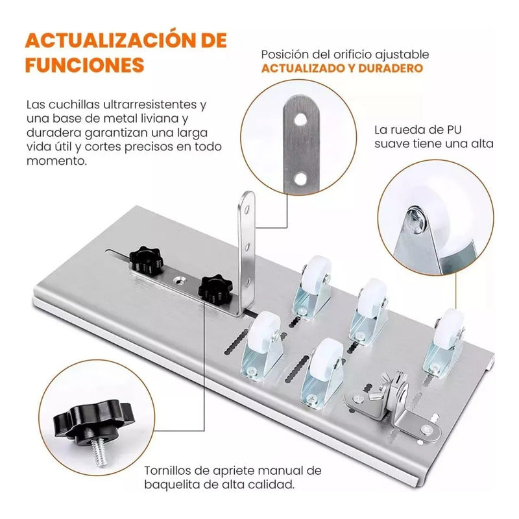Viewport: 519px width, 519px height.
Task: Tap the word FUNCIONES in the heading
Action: pos(84,66)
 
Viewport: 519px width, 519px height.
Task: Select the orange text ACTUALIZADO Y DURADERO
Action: pos(342,68)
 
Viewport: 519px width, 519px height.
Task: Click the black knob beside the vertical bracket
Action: pos(215,287)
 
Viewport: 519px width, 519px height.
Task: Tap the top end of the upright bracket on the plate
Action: pos(247,197)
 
